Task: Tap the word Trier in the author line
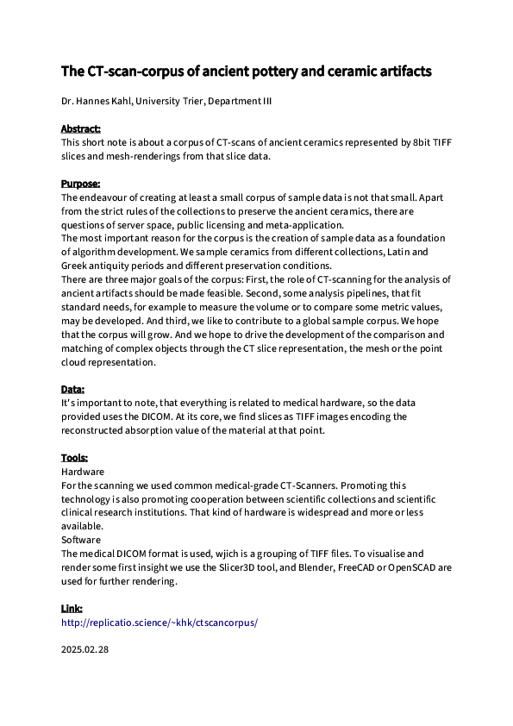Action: (x=192, y=102)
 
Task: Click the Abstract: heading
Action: (x=80, y=128)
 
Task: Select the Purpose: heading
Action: (x=80, y=184)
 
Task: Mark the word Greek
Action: (x=76, y=266)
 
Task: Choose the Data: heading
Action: (x=72, y=390)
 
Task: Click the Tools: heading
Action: (x=74, y=458)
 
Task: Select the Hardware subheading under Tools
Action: (x=83, y=472)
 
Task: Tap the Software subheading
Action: (x=81, y=540)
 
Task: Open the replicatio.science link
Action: (x=159, y=622)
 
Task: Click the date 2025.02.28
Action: (x=85, y=649)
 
